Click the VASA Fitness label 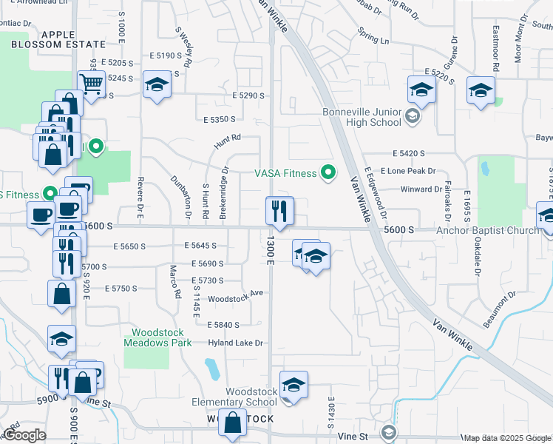pyautogui.click(x=285, y=174)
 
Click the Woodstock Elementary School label pyautogui.click(x=251, y=397)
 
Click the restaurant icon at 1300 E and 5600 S pyautogui.click(x=279, y=212)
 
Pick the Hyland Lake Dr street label pyautogui.click(x=237, y=343)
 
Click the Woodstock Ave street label pyautogui.click(x=236, y=293)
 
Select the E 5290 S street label pyautogui.click(x=248, y=95)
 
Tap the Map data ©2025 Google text pyautogui.click(x=506, y=438)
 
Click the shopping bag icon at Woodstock pyautogui.click(x=233, y=424)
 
